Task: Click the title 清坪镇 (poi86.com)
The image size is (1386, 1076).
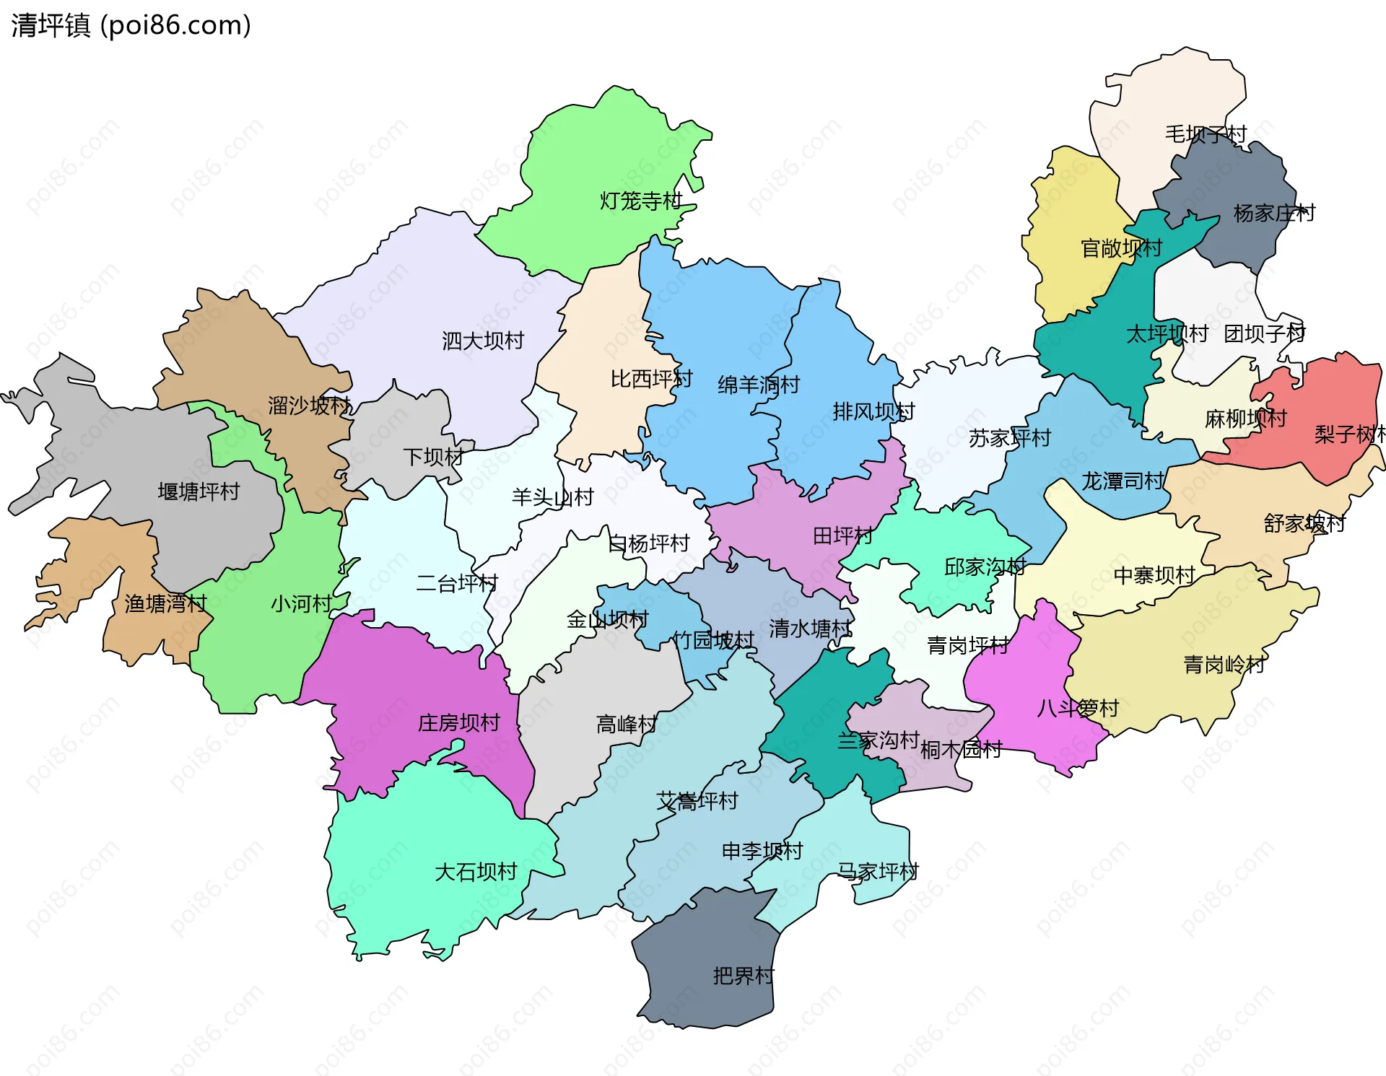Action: click(131, 25)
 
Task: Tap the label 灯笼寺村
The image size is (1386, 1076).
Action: click(640, 201)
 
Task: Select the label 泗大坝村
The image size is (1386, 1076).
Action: click(482, 341)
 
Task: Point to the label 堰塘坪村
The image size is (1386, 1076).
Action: click(199, 491)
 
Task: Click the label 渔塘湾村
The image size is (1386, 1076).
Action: click(165, 603)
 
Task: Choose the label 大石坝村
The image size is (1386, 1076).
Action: click(476, 872)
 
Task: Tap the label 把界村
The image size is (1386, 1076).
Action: click(743, 976)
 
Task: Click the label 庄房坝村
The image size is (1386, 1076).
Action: click(458, 722)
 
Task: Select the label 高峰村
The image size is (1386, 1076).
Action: click(626, 724)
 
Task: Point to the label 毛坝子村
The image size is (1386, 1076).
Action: click(1206, 134)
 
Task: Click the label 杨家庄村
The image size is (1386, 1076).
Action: click(1274, 213)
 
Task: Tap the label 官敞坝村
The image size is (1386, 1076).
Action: click(1121, 248)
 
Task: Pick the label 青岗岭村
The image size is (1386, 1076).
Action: click(1224, 664)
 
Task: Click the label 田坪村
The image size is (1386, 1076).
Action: click(842, 535)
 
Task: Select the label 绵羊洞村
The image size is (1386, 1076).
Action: click(758, 385)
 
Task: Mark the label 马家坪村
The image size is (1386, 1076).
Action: click(877, 871)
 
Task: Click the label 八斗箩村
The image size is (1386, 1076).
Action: click(1077, 708)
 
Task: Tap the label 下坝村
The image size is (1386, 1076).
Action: click(432, 457)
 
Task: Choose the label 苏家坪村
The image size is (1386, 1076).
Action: click(1009, 438)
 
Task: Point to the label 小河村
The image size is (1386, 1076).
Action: click(301, 603)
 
